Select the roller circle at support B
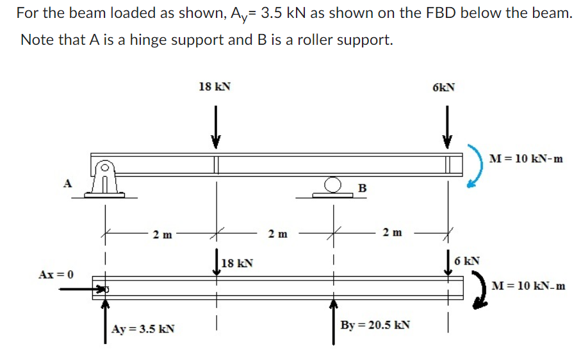pos(332,186)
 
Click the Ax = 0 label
pos(56,274)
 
